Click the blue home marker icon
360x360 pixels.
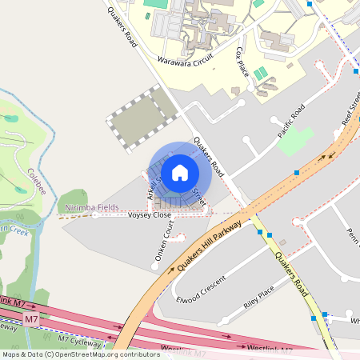(x=180, y=171)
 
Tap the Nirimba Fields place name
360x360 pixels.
(x=91, y=207)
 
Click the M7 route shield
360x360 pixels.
(x=31, y=319)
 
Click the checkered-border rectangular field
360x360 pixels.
(x=140, y=121)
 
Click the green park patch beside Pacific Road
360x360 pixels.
(x=295, y=141)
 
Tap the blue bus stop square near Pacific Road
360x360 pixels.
(x=297, y=172)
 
